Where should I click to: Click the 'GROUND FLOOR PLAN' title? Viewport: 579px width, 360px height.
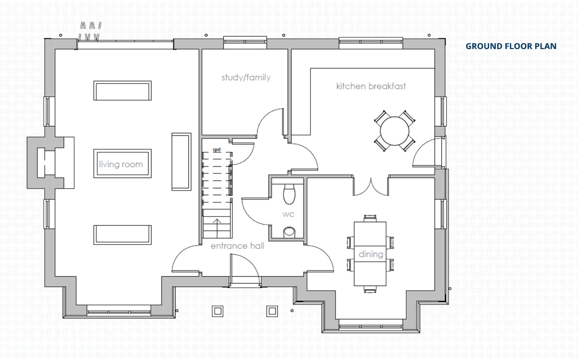coord(511,46)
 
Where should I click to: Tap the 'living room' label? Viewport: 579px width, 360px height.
coord(121,164)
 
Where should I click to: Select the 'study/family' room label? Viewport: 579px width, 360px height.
coord(246,78)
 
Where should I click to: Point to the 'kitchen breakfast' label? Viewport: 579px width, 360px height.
coord(371,86)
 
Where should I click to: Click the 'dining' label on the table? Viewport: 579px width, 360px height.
coord(371,254)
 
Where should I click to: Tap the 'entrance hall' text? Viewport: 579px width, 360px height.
coord(238,246)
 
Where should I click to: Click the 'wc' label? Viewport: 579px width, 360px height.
coord(288,214)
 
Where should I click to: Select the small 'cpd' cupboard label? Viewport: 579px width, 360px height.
coord(217,150)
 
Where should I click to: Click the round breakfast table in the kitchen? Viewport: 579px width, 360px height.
coord(394,131)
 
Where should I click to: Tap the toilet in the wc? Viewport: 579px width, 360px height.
coord(289,194)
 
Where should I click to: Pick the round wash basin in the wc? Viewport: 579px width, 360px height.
coord(289,232)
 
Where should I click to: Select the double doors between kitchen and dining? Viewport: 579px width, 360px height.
coord(371,187)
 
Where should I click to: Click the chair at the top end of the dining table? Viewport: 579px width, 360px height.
coord(370,218)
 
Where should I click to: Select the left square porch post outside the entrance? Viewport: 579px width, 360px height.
coord(217,311)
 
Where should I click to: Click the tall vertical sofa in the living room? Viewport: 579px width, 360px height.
coord(181,162)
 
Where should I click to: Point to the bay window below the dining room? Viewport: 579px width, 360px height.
coord(370,327)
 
